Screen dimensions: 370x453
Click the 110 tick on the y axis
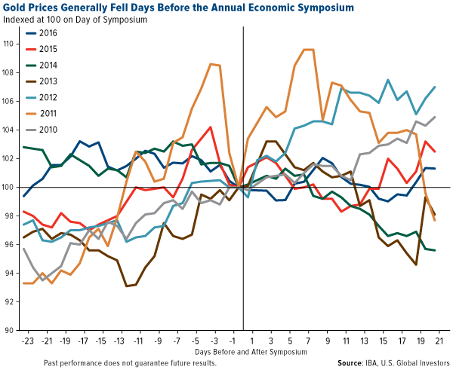click(x=10, y=44)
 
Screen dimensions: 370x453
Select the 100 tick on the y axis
click(x=10, y=187)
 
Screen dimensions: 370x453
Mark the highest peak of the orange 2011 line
click(x=307, y=50)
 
